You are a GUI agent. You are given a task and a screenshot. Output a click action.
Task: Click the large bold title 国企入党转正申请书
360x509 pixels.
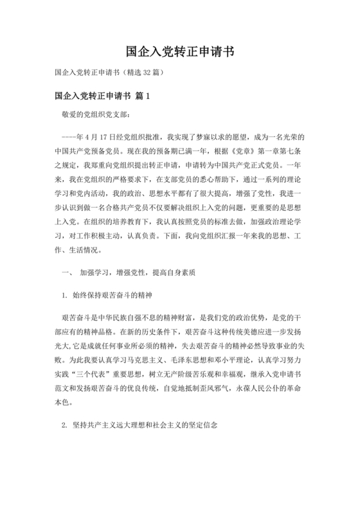pyautogui.click(x=180, y=51)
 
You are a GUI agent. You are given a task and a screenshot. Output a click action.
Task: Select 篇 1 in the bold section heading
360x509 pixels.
pyautogui.click(x=143, y=96)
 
